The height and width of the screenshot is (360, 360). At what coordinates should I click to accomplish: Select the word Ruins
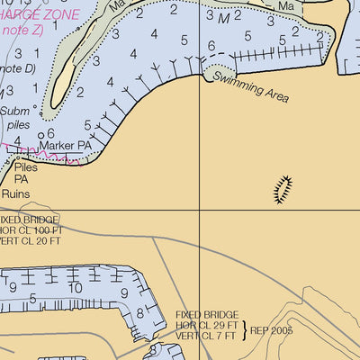pos(15,193)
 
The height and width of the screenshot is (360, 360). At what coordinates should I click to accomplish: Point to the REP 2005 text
pos(273,330)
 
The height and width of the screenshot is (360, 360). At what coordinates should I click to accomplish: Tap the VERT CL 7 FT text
pos(205,336)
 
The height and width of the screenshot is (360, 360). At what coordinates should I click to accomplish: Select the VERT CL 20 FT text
pos(30,241)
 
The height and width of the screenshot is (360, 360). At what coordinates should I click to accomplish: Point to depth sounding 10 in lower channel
pos(76,288)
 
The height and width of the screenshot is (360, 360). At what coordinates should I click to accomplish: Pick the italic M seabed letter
pos(222,17)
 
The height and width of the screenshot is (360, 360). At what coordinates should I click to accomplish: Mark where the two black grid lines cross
pos(200,210)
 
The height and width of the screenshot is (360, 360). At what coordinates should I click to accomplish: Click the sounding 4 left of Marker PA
pos(16,140)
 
